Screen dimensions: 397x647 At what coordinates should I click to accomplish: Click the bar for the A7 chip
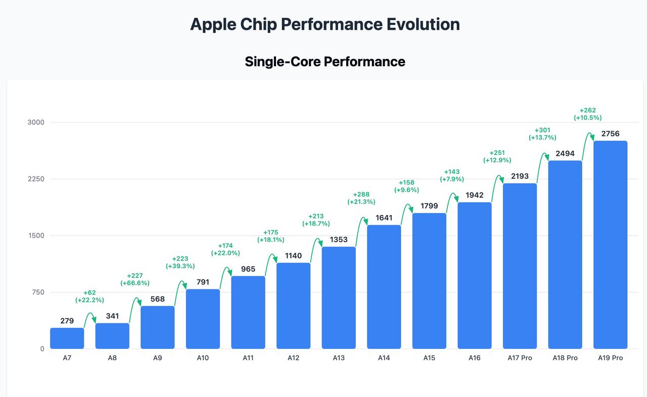coord(67,338)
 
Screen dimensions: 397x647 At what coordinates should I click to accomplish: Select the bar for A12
coord(293,305)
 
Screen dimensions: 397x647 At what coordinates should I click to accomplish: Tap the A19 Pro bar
coord(610,245)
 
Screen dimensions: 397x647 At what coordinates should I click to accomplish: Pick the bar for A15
coord(429,281)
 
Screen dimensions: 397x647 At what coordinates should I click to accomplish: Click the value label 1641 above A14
coord(384,218)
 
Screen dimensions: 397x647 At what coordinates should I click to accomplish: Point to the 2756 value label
coord(610,134)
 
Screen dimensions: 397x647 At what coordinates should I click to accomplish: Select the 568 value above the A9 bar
coord(157,299)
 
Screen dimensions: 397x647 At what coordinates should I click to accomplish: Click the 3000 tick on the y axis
coord(36,122)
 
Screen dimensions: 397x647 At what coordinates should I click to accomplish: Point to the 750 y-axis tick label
coord(38,292)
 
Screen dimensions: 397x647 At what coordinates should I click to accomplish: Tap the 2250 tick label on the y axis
coord(36,179)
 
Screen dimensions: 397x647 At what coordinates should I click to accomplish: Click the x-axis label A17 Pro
coord(520,358)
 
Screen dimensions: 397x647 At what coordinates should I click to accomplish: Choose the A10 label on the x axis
coord(203,358)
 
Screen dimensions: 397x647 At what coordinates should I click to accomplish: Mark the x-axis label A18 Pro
coord(565,358)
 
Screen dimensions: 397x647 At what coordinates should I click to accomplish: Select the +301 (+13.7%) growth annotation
coord(542,134)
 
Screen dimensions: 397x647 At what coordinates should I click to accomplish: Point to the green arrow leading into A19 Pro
coord(588,138)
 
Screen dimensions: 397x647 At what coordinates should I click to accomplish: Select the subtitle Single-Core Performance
coord(325,62)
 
